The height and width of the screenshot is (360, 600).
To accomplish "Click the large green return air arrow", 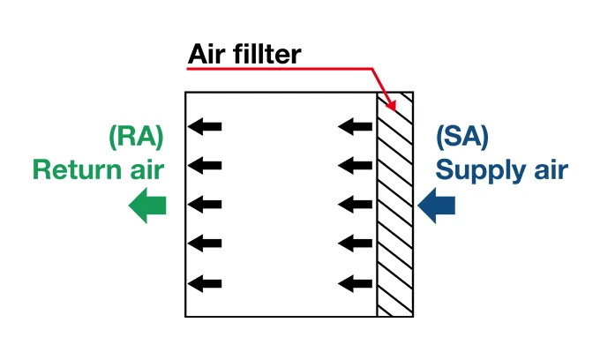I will (x=147, y=206).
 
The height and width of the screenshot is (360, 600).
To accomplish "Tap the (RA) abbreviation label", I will (x=136, y=136).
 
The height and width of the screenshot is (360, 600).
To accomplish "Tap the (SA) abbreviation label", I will (x=462, y=136).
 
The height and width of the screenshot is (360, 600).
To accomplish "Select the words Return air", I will (x=98, y=169).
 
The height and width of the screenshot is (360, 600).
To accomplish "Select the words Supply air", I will (x=502, y=169).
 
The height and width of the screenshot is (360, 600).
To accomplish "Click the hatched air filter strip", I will (x=394, y=212).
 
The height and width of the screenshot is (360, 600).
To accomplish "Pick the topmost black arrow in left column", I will (x=206, y=127).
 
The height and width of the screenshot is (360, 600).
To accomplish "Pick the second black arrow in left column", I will (x=206, y=164).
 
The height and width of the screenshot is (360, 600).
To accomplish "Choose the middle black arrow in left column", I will (x=206, y=205).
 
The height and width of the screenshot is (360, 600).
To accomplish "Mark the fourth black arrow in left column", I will (x=206, y=243).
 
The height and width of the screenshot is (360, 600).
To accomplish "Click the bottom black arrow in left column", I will (x=206, y=283).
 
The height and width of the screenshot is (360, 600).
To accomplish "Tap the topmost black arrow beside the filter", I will (x=356, y=127).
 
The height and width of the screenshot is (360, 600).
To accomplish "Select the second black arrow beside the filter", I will (x=356, y=164).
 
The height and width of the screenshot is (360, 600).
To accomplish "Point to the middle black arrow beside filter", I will (x=356, y=205).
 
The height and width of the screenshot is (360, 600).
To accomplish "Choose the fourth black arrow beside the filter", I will (x=356, y=243).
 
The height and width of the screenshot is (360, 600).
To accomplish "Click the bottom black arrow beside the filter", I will (x=356, y=283).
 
